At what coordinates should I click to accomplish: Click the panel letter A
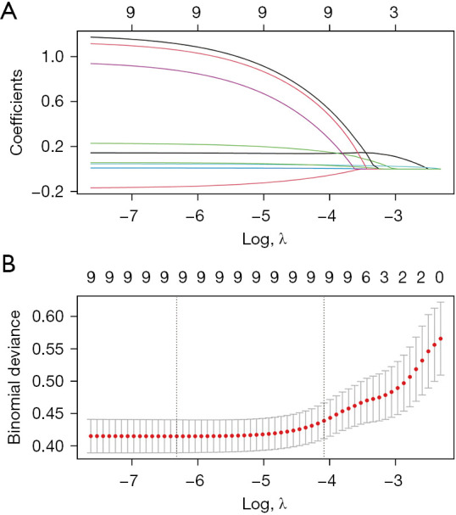[8, 12]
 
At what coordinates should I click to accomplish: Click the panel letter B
[8, 265]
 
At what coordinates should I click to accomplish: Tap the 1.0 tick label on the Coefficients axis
[53, 57]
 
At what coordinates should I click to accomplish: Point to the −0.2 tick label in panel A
[47, 191]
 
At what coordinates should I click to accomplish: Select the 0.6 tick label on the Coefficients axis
[53, 101]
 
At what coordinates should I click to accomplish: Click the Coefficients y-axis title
[16, 112]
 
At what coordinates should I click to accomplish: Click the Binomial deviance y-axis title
[14, 378]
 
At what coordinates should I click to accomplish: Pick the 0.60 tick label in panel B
[48, 316]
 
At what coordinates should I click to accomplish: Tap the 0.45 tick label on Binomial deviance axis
[48, 413]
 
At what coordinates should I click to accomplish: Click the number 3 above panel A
[394, 13]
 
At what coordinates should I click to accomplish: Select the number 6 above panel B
[366, 277]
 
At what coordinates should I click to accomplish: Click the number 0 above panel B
[440, 277]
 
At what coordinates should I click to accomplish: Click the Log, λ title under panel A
[264, 239]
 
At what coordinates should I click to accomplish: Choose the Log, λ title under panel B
[264, 503]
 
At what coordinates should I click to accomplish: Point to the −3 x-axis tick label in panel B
[394, 480]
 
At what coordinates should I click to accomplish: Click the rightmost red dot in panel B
[441, 339]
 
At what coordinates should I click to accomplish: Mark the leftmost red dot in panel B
[91, 436]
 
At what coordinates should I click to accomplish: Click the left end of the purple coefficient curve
[92, 64]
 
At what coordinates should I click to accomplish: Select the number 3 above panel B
[384, 277]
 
